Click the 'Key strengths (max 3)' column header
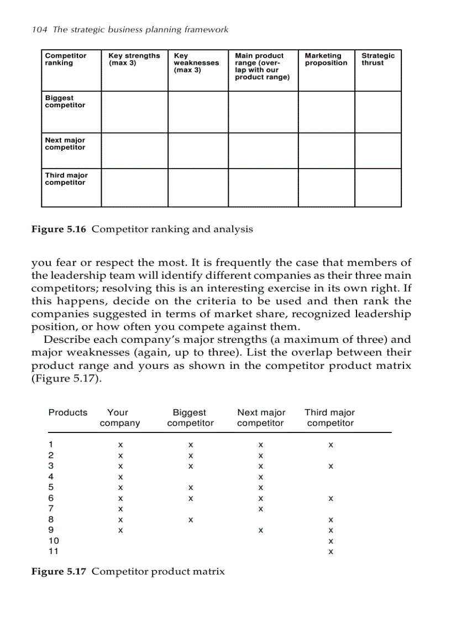[134, 59]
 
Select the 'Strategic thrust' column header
[378, 59]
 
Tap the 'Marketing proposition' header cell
[326, 59]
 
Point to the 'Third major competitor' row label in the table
[66, 179]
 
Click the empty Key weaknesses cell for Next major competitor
[198, 150]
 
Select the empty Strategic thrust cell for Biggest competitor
[378, 112]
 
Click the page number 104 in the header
[39, 29]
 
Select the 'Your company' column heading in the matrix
[119, 418]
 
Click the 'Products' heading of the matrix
[68, 413]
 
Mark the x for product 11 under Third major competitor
[331, 552]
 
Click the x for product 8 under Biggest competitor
[190, 520]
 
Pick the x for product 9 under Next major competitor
[260, 530]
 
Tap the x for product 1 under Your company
[119, 445]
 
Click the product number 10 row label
[54, 541]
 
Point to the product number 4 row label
[51, 477]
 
